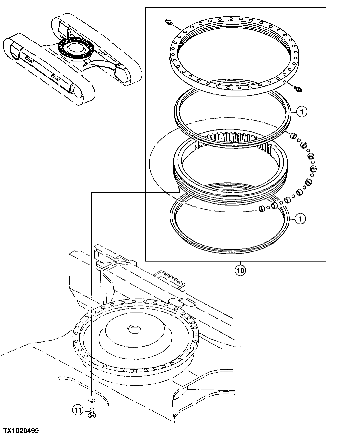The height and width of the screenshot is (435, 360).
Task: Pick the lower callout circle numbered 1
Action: (x=300, y=219)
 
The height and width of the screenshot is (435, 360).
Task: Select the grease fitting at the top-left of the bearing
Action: (x=169, y=22)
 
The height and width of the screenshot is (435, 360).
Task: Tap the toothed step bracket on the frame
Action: (x=171, y=279)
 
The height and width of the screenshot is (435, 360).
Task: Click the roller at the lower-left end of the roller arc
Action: (x=262, y=209)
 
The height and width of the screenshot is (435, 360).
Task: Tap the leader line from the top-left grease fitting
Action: (x=176, y=26)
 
